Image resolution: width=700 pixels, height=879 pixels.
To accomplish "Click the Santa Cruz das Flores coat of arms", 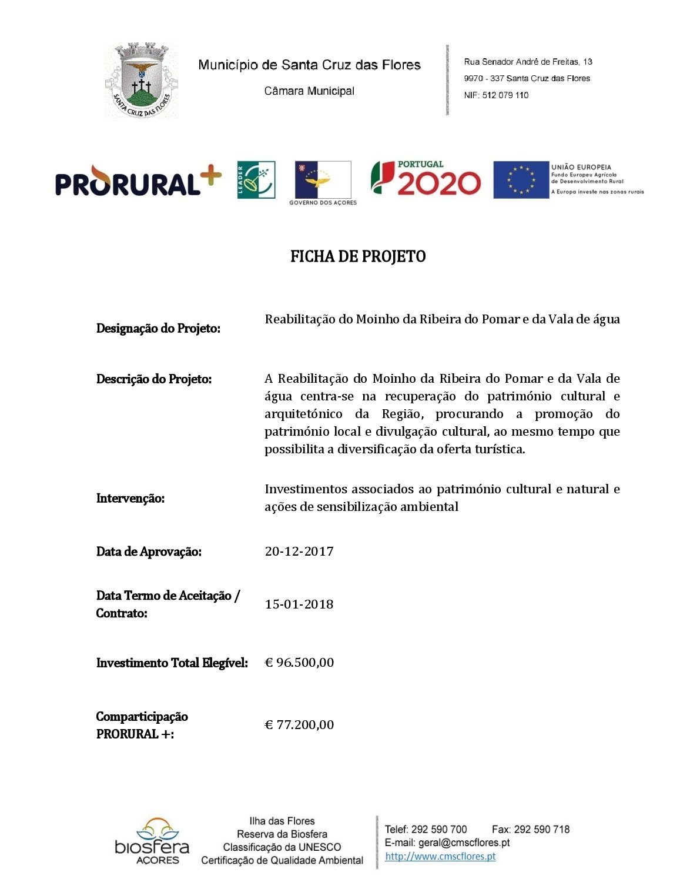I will (x=141, y=81).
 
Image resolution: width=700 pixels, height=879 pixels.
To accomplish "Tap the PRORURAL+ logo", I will (x=138, y=181).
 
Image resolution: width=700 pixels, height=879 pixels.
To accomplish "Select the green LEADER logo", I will (x=256, y=179).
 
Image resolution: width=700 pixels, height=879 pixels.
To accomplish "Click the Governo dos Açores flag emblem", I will (x=323, y=180).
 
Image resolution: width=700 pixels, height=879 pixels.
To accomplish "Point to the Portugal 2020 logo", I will (x=426, y=178).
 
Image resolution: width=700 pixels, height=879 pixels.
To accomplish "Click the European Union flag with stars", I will (x=521, y=180).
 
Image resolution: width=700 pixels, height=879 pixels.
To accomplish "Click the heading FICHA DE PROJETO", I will (x=358, y=257).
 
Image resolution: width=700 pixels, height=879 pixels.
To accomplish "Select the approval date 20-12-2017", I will (x=299, y=552).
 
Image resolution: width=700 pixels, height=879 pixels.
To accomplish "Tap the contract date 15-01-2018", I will (x=299, y=604).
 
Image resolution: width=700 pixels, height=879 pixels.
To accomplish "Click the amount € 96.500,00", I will (x=299, y=663).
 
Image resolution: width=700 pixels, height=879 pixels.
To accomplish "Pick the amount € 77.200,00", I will (x=299, y=725).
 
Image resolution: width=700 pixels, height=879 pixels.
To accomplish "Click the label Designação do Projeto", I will (x=158, y=328).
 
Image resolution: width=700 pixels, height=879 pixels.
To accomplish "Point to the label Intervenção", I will (x=130, y=499).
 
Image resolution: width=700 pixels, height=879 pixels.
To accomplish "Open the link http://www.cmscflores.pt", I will (x=440, y=857).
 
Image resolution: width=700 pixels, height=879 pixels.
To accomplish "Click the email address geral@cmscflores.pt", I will (x=464, y=843).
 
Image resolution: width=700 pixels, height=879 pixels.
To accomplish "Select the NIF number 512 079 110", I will (x=505, y=95).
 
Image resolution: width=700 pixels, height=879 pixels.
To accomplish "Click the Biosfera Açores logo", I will (x=152, y=841).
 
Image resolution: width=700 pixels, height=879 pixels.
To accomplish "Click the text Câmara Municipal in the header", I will (x=309, y=91).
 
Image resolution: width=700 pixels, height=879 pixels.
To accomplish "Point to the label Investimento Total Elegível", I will (x=172, y=663).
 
